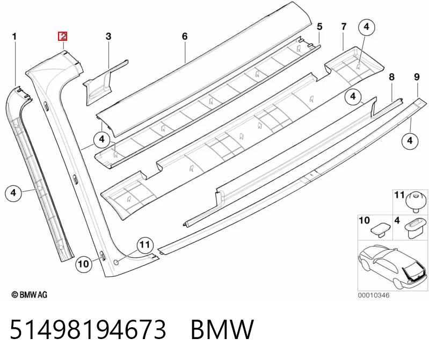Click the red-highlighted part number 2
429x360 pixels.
pos(62,37)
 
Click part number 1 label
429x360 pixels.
pos(14,37)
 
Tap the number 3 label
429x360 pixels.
pos(108,37)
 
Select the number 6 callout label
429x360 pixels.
pos(185,37)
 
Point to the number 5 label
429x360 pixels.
pos(319,26)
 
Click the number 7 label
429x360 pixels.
pos(344,26)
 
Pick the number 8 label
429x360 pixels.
pos(392,77)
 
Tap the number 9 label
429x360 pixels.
pos(417,77)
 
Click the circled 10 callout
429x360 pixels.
pos(84,264)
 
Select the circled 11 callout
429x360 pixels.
pos(145,244)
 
